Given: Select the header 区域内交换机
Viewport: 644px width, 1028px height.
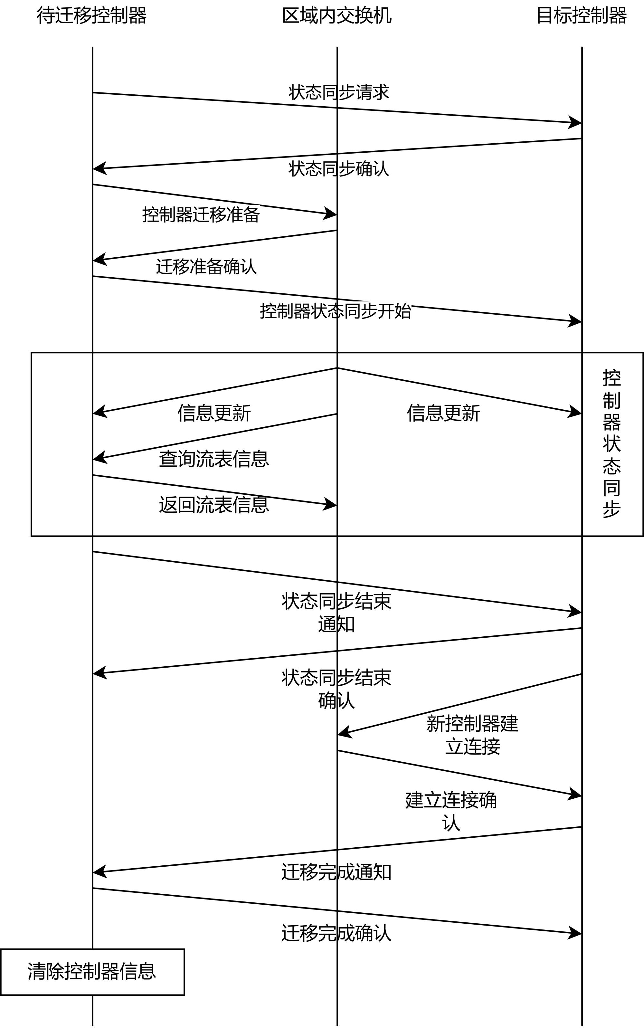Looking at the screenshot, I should point(336,16).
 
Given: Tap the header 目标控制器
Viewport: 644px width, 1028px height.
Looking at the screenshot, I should point(582,16).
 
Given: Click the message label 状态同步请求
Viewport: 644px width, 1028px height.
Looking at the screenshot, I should point(339,92).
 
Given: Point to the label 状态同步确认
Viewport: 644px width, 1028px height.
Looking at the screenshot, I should point(339,169).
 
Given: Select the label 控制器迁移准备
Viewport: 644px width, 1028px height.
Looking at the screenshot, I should point(201,214).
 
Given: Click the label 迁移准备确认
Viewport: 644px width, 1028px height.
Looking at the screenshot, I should point(206,267).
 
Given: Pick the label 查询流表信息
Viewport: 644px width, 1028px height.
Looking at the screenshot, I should point(214,459).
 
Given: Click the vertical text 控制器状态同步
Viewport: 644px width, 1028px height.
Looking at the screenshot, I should point(611,443).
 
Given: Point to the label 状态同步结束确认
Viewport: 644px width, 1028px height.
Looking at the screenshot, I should point(336,689).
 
